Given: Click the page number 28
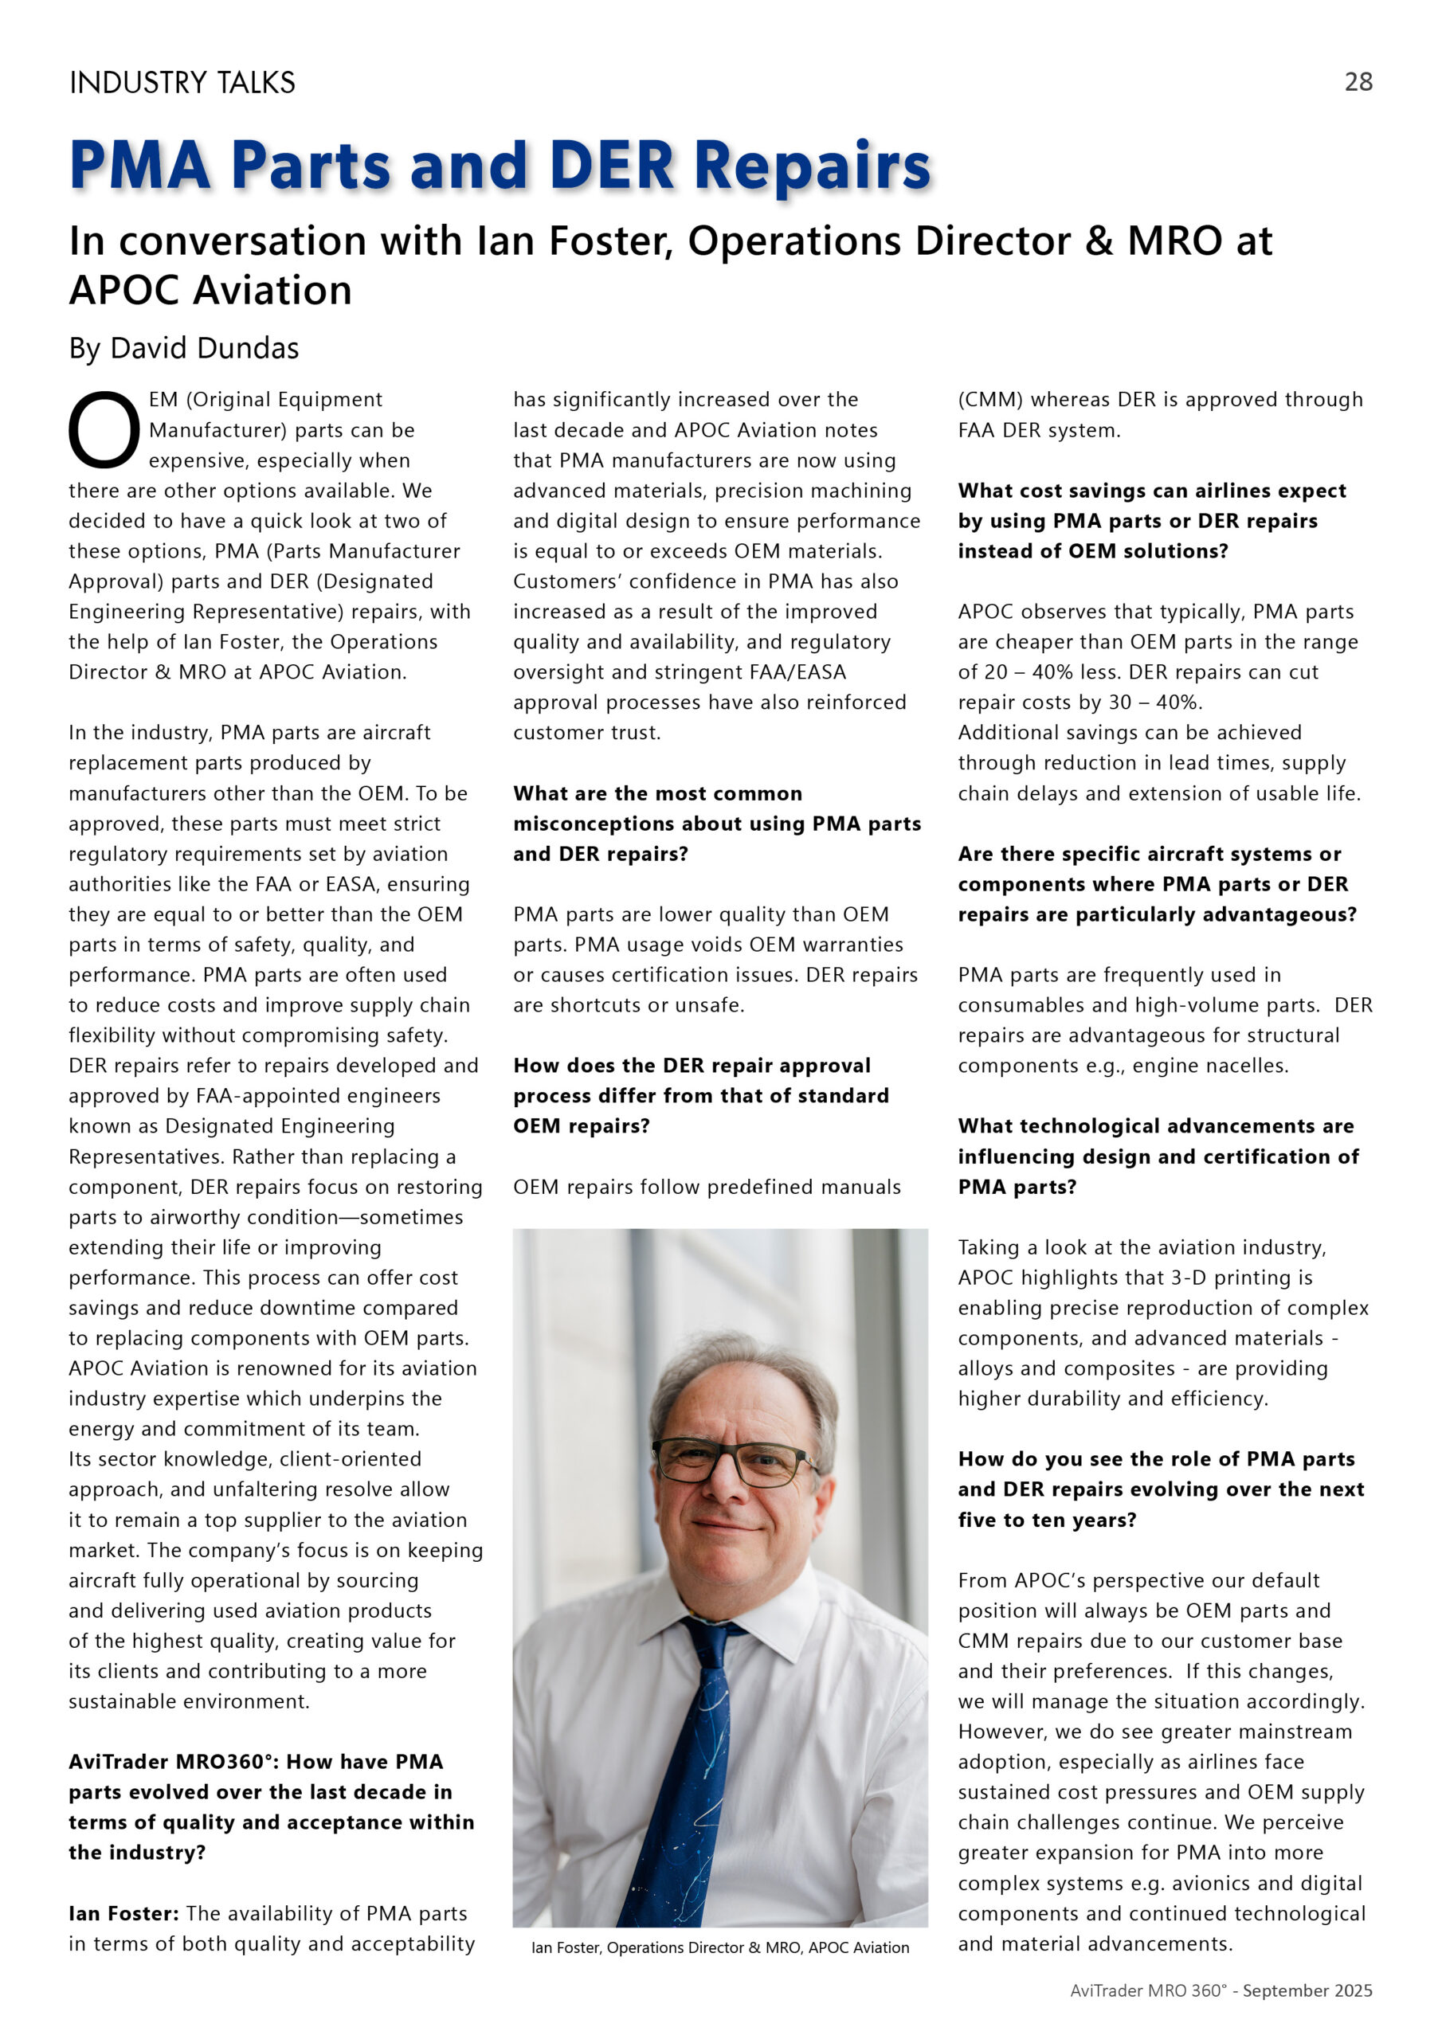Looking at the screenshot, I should pos(1358,82).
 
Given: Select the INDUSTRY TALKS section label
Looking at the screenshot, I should pos(182,83).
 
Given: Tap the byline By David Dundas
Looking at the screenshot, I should pos(184,348).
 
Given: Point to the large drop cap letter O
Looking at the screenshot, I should pos(104,431).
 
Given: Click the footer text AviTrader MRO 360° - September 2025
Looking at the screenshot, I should pos(1221,1990).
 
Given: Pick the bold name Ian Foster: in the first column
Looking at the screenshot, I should pos(123,1913).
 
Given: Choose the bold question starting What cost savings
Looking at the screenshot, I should pos(1151,520).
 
